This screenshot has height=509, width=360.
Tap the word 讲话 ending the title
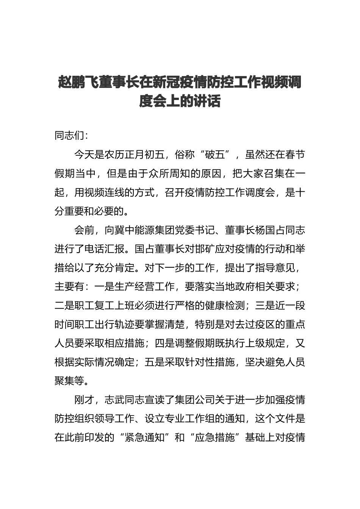(x=207, y=101)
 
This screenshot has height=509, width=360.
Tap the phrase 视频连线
(x=105, y=192)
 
